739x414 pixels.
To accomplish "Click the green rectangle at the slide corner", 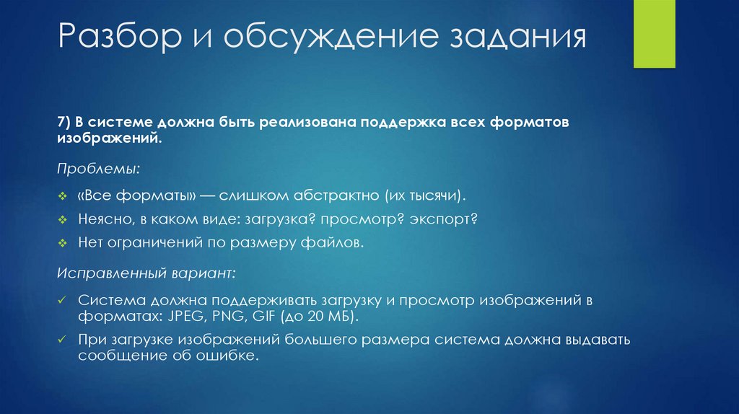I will [654, 34].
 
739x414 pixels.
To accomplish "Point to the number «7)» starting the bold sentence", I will [66, 123].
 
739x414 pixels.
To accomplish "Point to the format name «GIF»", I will [264, 317].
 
